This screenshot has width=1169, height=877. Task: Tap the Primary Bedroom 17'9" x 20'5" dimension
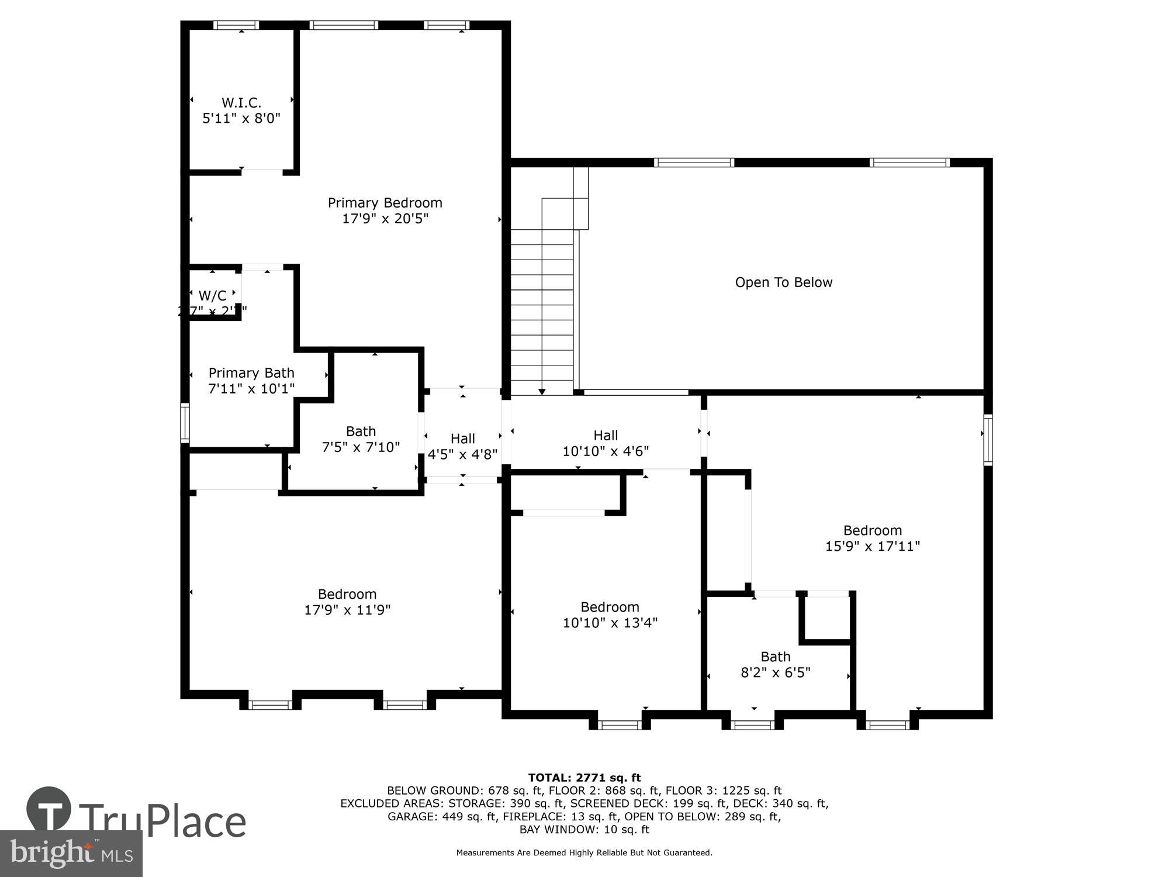[x=385, y=219]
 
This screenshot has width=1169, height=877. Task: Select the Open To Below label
[x=783, y=282]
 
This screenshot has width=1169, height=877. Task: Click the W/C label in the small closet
[x=212, y=296]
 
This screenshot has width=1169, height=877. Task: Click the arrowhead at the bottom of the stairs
[x=542, y=391]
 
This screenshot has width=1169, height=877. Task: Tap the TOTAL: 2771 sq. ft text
[x=584, y=778]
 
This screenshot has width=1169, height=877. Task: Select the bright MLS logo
[x=71, y=854]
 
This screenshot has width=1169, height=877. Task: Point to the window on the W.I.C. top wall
[x=236, y=25]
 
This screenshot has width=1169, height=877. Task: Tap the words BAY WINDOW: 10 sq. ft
[x=584, y=829]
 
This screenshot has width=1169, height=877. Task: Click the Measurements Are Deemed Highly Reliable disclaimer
[x=584, y=853]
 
